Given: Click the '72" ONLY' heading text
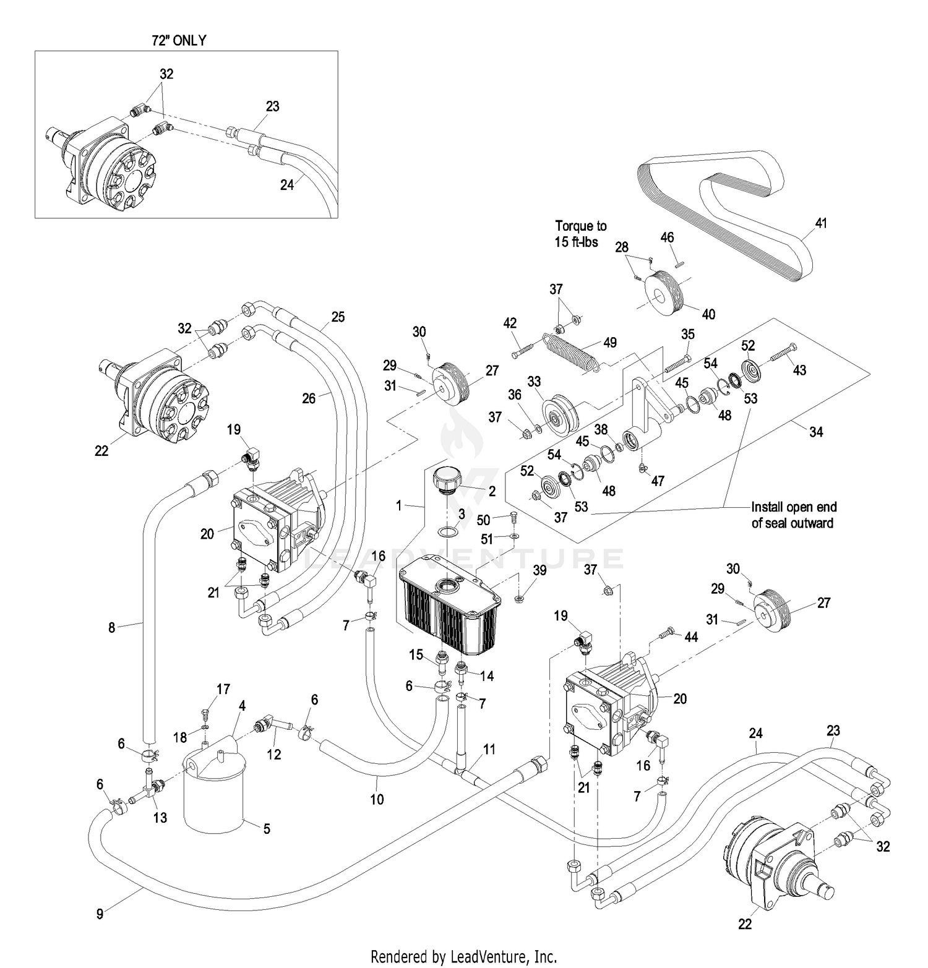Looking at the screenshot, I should point(179,41).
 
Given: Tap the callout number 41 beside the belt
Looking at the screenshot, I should point(820,223).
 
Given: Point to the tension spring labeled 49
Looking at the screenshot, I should point(570,352).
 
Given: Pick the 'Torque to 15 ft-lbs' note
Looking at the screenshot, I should point(580,234).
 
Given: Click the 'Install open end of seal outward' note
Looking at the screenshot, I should point(793,515).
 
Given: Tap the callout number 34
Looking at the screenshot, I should point(816,432).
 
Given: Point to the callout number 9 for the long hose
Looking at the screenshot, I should point(100,913).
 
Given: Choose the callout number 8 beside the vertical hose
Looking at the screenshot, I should point(112,627).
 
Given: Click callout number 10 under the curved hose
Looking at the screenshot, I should point(377,799).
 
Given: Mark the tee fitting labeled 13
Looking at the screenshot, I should point(150,792).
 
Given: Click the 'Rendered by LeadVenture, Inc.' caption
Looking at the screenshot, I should point(463,956).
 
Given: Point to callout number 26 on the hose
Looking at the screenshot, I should point(308,398).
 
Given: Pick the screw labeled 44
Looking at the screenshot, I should point(668,633).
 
